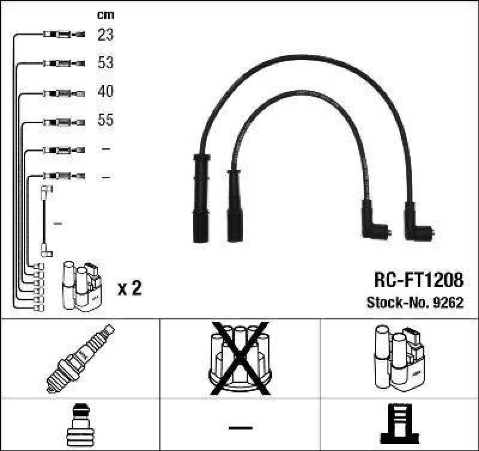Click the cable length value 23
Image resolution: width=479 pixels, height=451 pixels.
click(105, 35)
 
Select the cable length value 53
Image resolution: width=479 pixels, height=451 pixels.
click(105, 63)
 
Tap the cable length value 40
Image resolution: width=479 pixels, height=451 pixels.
click(105, 92)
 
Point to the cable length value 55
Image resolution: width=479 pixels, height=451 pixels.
click(105, 121)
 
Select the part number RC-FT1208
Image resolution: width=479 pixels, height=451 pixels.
click(418, 280)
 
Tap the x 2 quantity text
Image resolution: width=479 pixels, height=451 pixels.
click(129, 289)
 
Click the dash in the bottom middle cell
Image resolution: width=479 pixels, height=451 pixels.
click(240, 428)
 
